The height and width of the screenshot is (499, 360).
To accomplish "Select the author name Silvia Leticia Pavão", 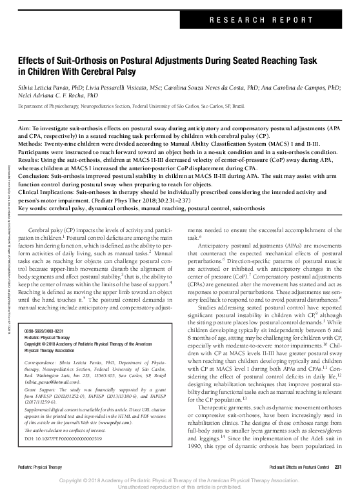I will pos(48,85).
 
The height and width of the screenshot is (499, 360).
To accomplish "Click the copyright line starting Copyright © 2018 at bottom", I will pos(179,480).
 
